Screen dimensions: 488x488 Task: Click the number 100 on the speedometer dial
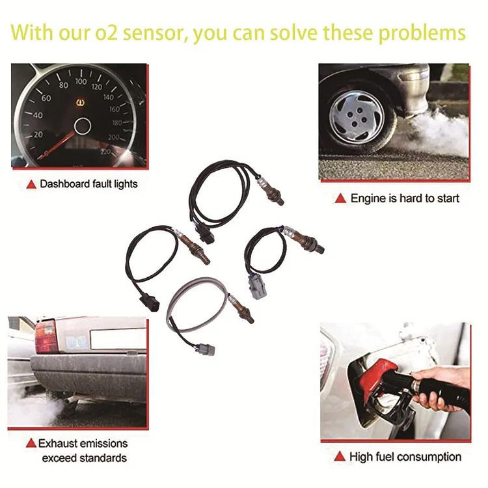(81, 81)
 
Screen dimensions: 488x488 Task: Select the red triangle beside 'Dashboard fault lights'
(31, 185)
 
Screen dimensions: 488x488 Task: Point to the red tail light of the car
(46, 336)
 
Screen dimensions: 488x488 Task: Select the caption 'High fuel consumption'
(405, 457)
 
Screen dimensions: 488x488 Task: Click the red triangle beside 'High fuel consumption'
(340, 457)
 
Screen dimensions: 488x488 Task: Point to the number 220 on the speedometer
(105, 152)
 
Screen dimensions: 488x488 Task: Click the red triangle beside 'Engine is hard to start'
(340, 198)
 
